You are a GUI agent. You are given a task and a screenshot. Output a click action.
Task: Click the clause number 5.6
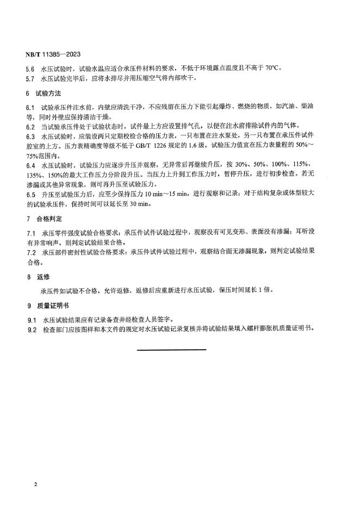click(30, 69)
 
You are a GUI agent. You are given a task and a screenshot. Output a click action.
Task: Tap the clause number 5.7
click(30, 78)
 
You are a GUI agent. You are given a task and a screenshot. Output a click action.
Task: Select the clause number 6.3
click(30, 136)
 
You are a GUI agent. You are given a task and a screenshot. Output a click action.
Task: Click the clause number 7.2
click(30, 253)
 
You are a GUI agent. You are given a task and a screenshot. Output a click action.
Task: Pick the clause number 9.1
click(30, 319)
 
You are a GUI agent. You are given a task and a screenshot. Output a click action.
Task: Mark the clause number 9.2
click(30, 328)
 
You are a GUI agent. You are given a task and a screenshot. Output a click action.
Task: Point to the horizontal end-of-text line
click(171, 349)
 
